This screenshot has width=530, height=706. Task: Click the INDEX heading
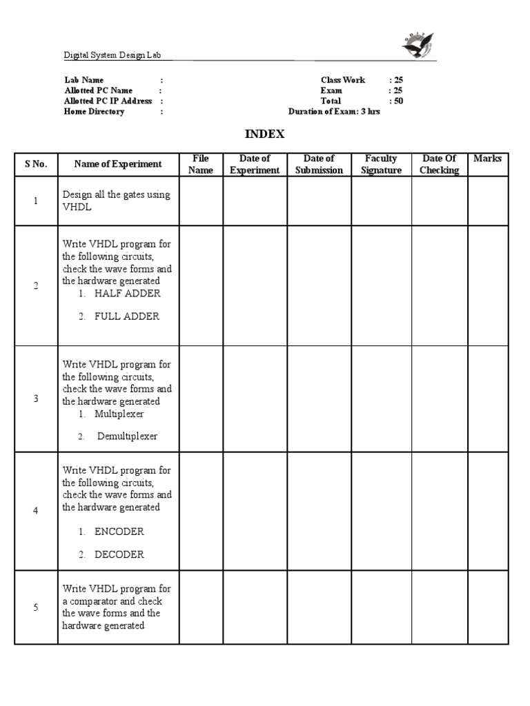265,134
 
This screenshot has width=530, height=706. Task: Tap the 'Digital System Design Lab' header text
112,55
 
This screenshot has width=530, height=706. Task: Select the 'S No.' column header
36,164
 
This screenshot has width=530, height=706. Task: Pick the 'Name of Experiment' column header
118,164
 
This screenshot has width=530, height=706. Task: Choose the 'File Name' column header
201,164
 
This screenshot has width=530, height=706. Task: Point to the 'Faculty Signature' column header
381,164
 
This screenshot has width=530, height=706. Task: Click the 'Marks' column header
487,159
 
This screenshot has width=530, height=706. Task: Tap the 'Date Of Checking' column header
439,164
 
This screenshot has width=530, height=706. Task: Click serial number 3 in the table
36,399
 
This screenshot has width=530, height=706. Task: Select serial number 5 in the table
36,607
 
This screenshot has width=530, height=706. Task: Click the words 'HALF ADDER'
128,293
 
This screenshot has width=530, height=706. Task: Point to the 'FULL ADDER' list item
127,316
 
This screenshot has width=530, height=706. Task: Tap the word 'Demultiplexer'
127,436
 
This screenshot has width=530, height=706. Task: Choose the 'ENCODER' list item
119,532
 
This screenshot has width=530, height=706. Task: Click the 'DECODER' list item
119,554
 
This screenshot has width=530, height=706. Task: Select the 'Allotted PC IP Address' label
108,101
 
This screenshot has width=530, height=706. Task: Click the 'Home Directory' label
95,111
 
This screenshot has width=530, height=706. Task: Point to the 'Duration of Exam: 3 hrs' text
334,111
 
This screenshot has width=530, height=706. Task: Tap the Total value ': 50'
396,101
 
